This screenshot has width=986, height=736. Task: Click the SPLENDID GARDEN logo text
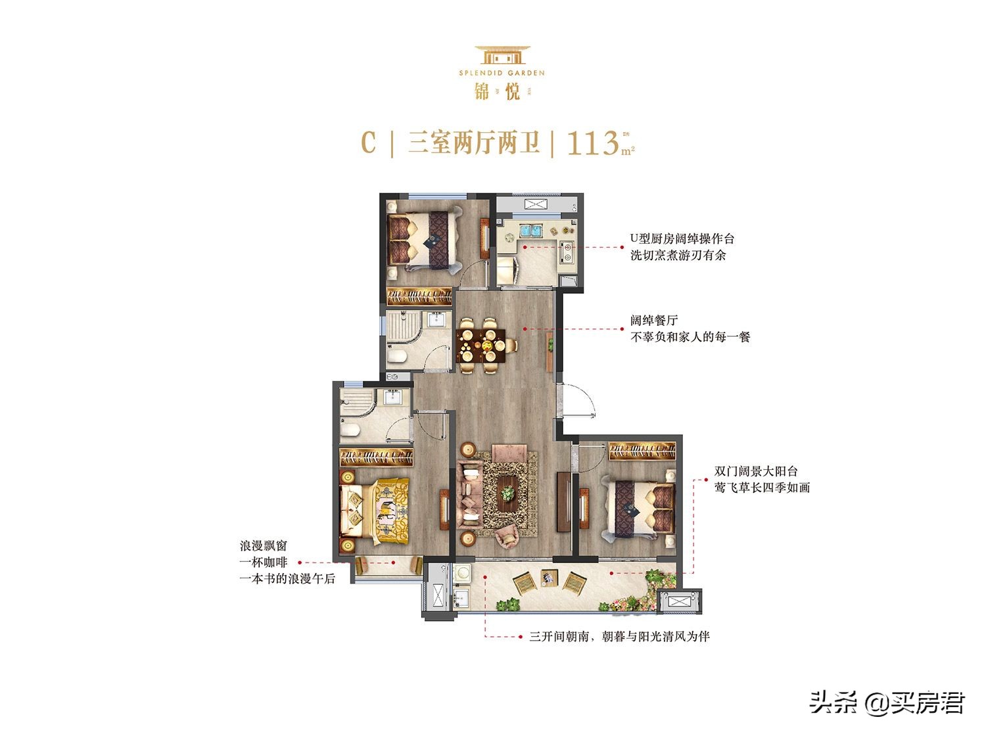point(502,73)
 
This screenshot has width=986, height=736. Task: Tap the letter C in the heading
point(369,143)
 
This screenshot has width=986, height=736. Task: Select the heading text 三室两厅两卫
point(473,143)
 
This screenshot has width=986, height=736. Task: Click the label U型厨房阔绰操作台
point(682,239)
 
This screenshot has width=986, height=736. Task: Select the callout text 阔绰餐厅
point(653,321)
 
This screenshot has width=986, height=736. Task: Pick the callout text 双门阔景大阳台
point(755,471)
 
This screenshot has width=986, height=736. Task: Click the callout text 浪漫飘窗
point(264,546)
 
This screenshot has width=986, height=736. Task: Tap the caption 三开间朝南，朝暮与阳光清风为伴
point(619,636)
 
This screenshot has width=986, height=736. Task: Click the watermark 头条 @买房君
point(887,702)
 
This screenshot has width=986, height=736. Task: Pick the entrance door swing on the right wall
point(578,400)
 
